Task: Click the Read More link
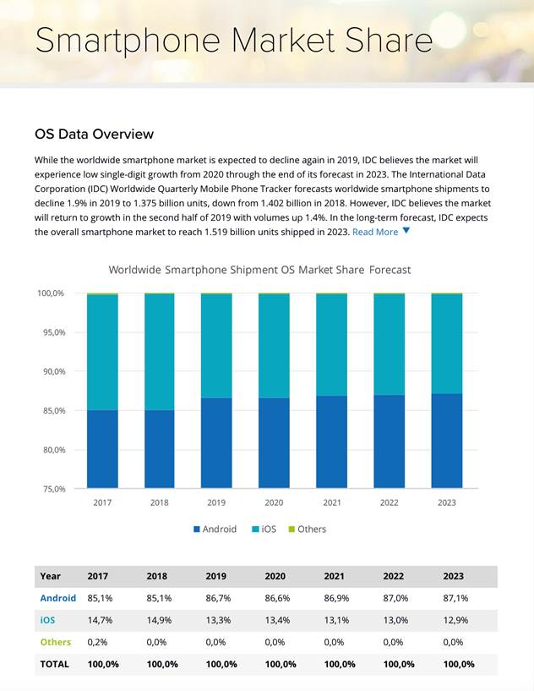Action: point(375,232)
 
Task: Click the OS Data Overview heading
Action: point(94,134)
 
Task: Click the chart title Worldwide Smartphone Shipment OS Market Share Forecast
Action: point(259,270)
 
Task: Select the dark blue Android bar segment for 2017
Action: point(102,449)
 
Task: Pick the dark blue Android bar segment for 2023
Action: point(446,441)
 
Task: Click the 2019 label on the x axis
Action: point(216,502)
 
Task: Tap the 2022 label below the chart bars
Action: point(389,502)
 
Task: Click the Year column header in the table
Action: point(51,576)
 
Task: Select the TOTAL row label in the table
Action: point(55,664)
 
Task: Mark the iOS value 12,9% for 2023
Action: point(454,620)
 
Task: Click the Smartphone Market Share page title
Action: point(233,41)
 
